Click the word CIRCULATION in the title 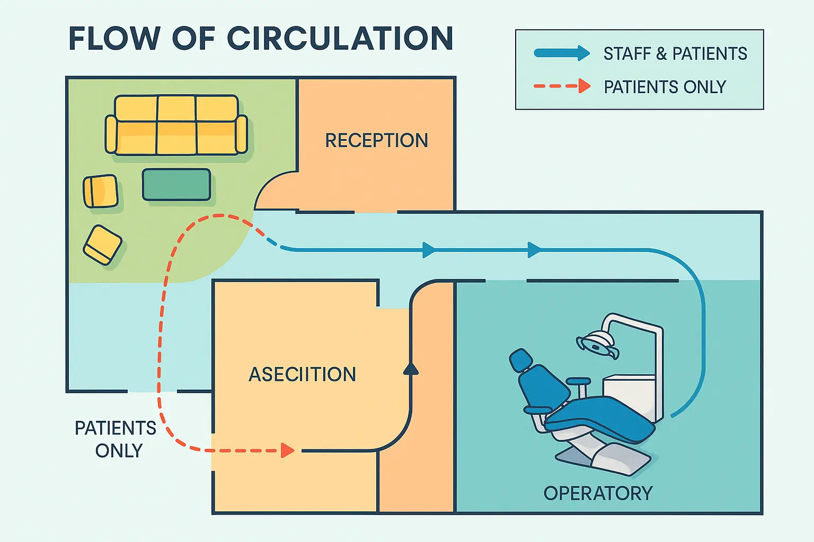[340, 39]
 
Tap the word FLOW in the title [114, 39]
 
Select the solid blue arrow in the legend [562, 53]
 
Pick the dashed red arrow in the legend [562, 86]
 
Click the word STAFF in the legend [627, 53]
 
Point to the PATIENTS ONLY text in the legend [665, 87]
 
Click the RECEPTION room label [376, 141]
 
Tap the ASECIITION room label [302, 375]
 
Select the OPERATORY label [598, 493]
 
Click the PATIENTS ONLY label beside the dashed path [116, 439]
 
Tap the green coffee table [176, 185]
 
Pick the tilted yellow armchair [103, 245]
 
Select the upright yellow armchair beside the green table [100, 191]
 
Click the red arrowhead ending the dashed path [287, 450]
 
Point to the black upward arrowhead [411, 369]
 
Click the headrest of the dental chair [521, 360]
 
